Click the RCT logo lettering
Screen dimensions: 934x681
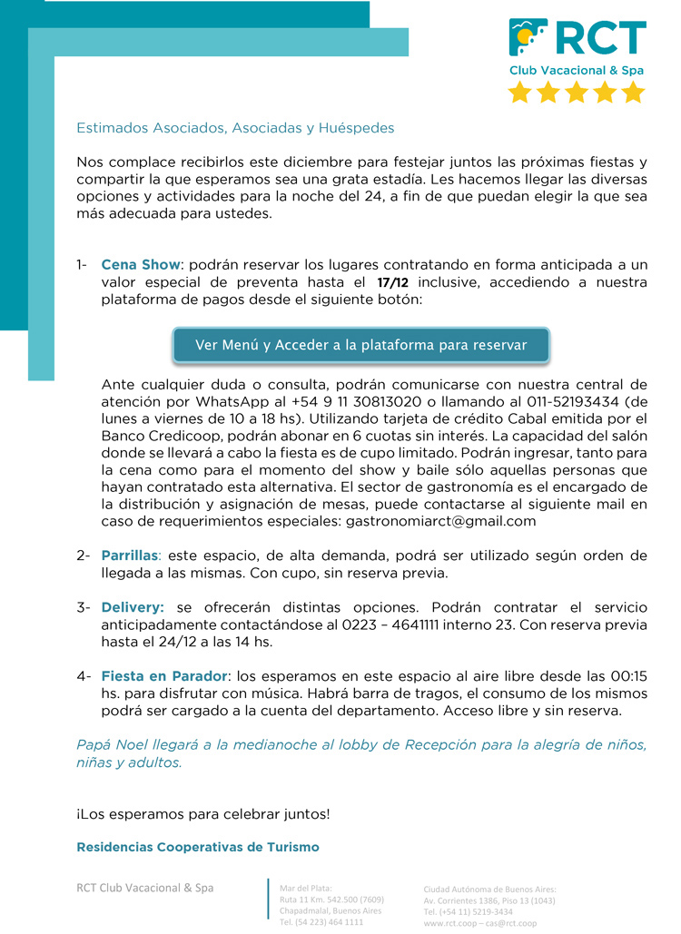600,38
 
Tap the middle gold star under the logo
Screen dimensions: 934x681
577,92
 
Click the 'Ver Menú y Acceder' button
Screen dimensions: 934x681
361,345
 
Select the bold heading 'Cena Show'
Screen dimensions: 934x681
141,265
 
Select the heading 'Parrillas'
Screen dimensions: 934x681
130,555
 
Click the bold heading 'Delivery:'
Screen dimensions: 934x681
133,606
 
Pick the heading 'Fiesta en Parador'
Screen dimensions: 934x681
163,676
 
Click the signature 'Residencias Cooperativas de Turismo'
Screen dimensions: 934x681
198,847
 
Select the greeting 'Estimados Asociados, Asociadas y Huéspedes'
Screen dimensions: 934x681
235,128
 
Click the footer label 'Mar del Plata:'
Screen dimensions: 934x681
306,888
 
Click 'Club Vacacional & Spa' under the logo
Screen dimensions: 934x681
577,70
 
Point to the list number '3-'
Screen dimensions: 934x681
84,606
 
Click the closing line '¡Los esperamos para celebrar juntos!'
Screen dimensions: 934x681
202,813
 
